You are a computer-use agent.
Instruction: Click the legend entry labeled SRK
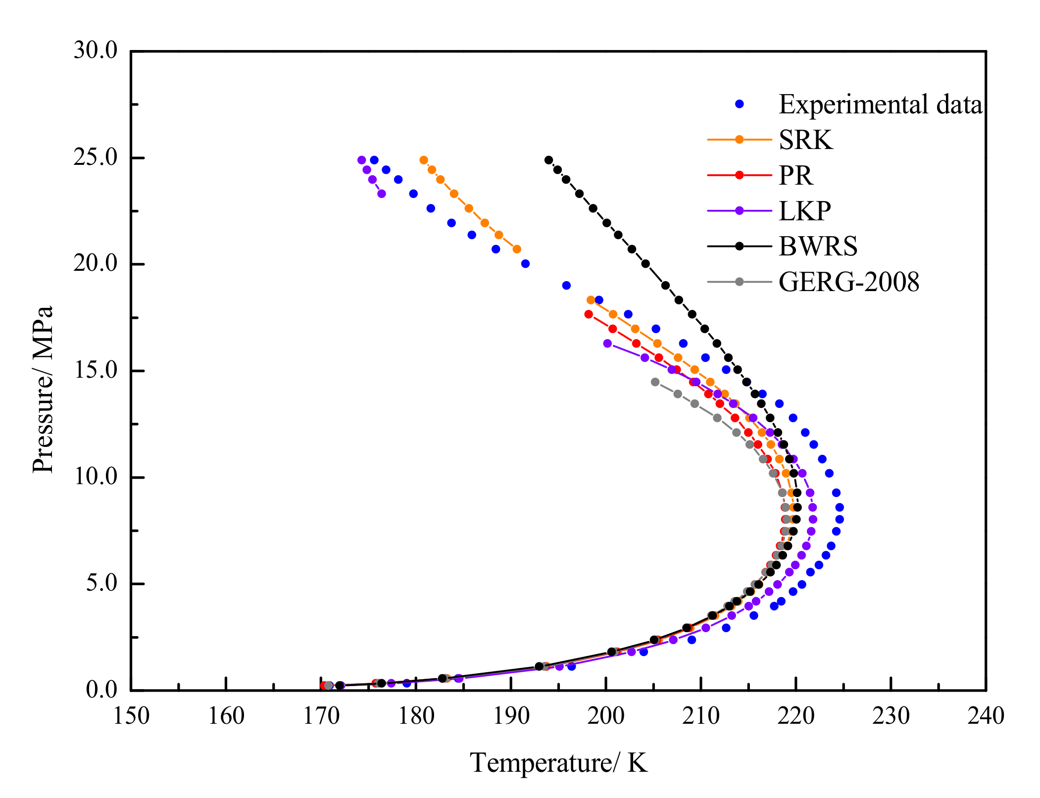(805, 140)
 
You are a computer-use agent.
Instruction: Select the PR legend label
(795, 175)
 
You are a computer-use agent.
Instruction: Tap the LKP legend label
(804, 211)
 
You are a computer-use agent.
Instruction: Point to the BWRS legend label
(818, 246)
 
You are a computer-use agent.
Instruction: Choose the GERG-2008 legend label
(848, 282)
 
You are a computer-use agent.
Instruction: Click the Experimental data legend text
(880, 104)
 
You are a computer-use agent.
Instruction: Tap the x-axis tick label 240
(986, 716)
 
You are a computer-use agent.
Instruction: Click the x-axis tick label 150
(131, 716)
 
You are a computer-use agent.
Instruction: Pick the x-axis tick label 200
(606, 716)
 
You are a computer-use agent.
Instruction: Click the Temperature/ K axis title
(558, 763)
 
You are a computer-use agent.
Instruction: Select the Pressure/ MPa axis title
(43, 390)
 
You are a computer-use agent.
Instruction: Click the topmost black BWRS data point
(548, 160)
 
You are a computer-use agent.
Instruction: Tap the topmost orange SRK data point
(424, 160)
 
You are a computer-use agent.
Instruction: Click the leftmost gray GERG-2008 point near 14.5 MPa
(655, 382)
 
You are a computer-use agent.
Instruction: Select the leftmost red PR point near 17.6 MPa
(589, 314)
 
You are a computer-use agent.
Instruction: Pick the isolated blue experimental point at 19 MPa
(566, 285)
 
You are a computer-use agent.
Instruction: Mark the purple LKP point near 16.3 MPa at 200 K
(607, 343)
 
